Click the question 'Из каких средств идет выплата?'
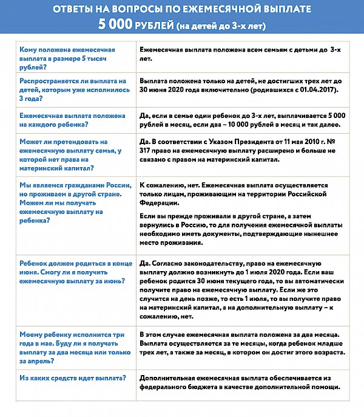(73, 377)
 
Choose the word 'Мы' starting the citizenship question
(25, 185)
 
